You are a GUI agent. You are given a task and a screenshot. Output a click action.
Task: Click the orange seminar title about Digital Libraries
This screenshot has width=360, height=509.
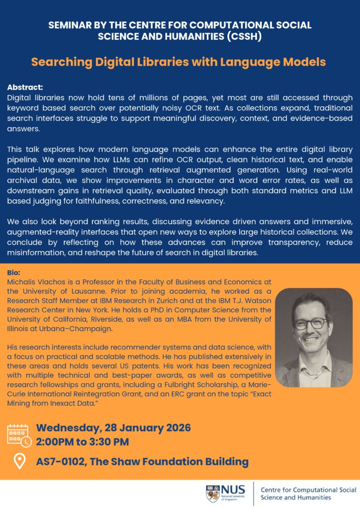(179, 62)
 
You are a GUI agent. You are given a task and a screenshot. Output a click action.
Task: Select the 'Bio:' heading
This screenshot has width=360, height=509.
(14, 273)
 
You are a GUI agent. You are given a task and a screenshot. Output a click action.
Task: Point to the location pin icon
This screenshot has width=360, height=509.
(19, 462)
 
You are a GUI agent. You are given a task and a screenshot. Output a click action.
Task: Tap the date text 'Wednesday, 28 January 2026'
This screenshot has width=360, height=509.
(113, 428)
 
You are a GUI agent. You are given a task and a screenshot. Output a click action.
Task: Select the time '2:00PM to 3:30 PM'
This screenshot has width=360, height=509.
(83, 442)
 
